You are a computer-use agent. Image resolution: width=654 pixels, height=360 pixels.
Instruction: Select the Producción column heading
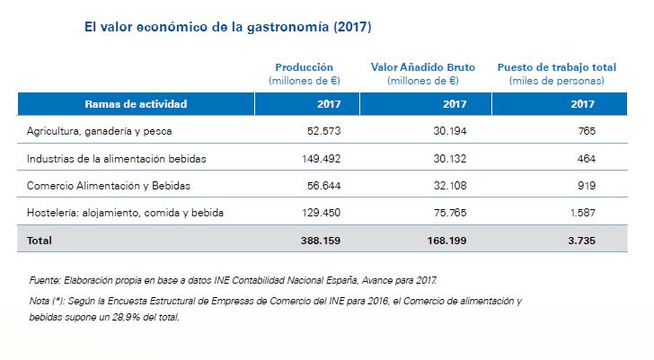[304, 67]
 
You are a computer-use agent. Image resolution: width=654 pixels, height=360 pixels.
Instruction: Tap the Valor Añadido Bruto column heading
[423, 67]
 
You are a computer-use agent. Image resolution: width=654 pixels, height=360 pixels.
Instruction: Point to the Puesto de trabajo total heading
[556, 67]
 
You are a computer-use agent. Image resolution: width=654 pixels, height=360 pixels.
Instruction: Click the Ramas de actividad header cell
[135, 104]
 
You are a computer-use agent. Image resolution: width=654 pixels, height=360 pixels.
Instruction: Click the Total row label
[40, 241]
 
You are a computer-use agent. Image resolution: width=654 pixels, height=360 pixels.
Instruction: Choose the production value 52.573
[323, 131]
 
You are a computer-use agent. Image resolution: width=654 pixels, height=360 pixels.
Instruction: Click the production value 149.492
[320, 159]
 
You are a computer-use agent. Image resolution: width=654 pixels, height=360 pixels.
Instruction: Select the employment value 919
[587, 186]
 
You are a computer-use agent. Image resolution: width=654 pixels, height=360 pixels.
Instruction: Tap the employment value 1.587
[582, 213]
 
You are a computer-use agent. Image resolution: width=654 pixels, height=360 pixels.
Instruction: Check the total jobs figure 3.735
[581, 241]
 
